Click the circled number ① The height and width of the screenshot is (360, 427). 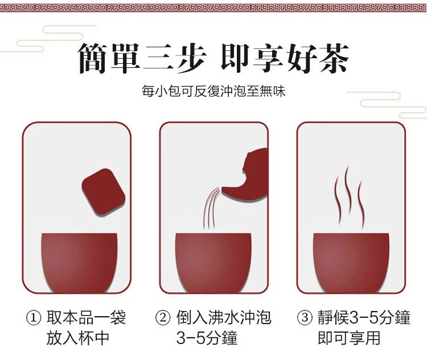(x=34, y=318)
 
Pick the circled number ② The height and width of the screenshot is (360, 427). (x=163, y=318)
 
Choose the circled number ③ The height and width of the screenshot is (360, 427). (x=305, y=318)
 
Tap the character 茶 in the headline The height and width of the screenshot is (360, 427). (x=334, y=58)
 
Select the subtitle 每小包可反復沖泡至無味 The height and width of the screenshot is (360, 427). (x=213, y=91)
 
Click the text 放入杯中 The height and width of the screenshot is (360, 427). (x=78, y=338)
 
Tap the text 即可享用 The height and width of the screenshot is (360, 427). (x=349, y=338)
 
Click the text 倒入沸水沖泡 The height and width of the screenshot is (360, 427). (x=223, y=318)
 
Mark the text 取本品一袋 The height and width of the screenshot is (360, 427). (x=86, y=318)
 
